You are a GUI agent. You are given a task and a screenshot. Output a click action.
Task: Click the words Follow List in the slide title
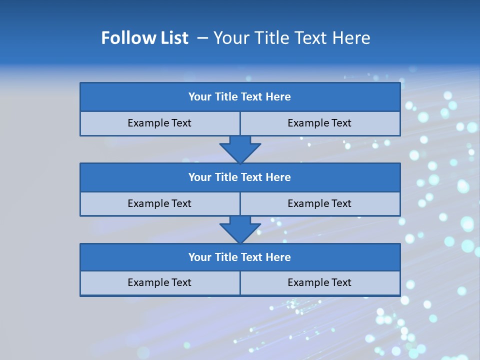(x=145, y=38)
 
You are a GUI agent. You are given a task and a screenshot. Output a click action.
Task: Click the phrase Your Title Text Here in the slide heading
(x=292, y=38)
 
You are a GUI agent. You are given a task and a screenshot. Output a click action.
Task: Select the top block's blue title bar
(x=240, y=97)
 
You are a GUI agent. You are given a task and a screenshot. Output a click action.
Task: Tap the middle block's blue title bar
(x=240, y=177)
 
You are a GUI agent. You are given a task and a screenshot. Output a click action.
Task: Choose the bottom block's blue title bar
(x=240, y=257)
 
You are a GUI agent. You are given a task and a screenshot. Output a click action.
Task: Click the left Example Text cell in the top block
(x=159, y=123)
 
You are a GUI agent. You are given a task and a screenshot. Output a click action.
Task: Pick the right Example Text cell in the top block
(x=319, y=123)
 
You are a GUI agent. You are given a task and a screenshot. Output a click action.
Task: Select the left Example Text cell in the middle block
(x=159, y=203)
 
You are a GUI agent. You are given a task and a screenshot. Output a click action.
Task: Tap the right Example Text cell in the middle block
(x=319, y=203)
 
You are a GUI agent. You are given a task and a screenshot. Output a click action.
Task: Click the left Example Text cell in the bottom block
(x=159, y=282)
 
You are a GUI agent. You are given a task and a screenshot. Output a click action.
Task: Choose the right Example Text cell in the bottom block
(x=319, y=282)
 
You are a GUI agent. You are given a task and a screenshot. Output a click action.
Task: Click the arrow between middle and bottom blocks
(x=240, y=229)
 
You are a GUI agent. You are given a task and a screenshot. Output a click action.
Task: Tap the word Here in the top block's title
(x=278, y=97)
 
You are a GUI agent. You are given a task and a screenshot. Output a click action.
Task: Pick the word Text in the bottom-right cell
(x=340, y=282)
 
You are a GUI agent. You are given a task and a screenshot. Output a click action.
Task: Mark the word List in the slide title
(x=173, y=38)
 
